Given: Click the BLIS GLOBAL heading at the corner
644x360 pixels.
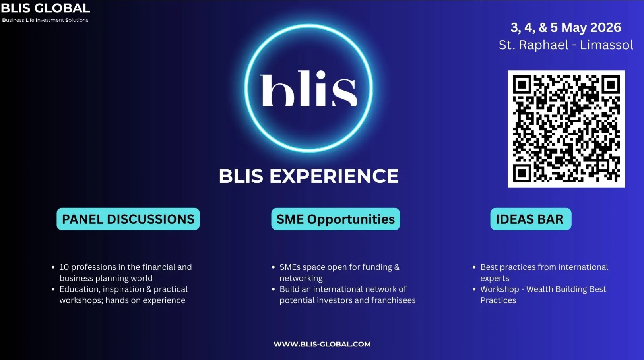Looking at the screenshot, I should tap(45, 8).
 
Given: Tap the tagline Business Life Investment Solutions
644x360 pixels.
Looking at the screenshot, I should tap(45, 20).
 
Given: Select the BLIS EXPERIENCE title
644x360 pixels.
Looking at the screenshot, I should tap(308, 176).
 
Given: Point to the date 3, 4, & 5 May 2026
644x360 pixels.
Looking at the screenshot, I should tap(566, 27).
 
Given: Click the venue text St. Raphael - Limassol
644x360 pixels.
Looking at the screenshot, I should tap(566, 45).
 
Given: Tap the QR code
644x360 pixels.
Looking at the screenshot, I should tap(566, 129).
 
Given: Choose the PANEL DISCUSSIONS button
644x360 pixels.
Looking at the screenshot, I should tap(128, 219).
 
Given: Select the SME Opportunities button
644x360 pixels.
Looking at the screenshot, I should tap(336, 219).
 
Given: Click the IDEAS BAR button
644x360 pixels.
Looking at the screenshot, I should tap(530, 219).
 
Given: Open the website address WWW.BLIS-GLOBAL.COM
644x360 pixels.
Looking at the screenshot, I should tap(322, 344).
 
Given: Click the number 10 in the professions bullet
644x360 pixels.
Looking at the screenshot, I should tap(64, 267).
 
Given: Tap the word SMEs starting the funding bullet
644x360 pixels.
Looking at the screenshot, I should tap(290, 267).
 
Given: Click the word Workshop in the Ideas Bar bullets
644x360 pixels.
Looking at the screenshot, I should tap(500, 289).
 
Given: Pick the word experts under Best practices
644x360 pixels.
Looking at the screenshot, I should tap(495, 278).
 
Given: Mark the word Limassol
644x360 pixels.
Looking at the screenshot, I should tap(607, 45).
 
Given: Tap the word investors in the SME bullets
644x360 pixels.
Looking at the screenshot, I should tap(337, 300).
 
